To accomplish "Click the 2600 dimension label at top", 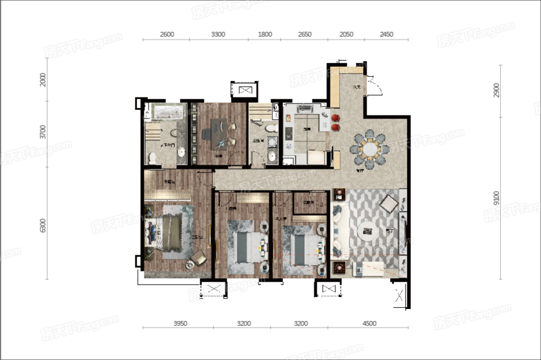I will tap(167, 34).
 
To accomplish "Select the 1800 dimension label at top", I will tap(264, 34).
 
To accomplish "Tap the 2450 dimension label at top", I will tap(386, 34).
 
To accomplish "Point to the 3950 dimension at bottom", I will tap(180, 323).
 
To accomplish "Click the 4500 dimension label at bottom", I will tap(369, 323).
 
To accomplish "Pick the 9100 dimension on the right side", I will tap(496, 198).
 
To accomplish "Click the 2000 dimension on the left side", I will tap(43, 80).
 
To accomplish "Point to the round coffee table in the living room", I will tap(368, 231).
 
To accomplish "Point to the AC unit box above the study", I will tap(245, 90).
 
